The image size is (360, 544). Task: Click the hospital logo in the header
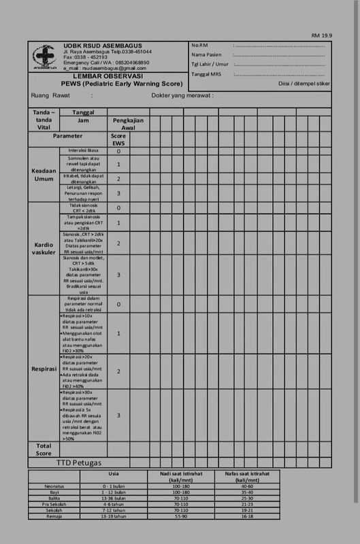[45, 57]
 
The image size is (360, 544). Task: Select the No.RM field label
[199, 45]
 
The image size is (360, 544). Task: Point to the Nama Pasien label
[206, 54]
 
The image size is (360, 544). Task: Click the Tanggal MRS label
[206, 74]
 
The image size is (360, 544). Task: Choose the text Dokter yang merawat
[182, 96]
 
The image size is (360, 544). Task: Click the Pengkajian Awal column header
[128, 124]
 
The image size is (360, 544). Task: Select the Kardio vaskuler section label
[44, 248]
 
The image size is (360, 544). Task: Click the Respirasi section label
[44, 369]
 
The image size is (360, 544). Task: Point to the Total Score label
[44, 449]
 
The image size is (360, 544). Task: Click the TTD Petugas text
[78, 463]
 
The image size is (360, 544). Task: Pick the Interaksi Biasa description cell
[84, 151]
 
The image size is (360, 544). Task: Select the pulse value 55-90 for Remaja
[182, 517]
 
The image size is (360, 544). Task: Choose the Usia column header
[114, 474]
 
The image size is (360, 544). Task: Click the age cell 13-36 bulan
[114, 498]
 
